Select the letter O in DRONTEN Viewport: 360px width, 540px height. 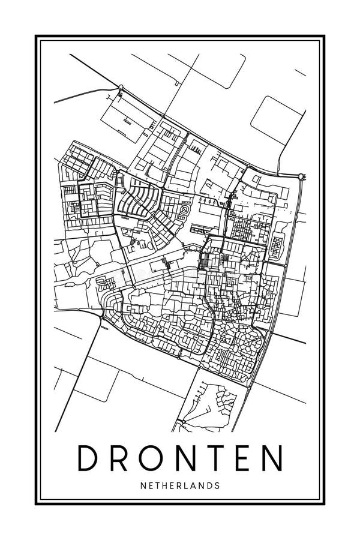[x=153, y=459]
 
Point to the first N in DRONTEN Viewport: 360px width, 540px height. [x=187, y=459]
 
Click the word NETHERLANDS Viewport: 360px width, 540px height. [x=180, y=485]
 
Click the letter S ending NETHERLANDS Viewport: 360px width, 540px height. [x=217, y=485]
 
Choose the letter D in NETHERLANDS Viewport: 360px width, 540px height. [x=209, y=485]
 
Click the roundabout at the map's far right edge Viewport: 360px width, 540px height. [x=301, y=176]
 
